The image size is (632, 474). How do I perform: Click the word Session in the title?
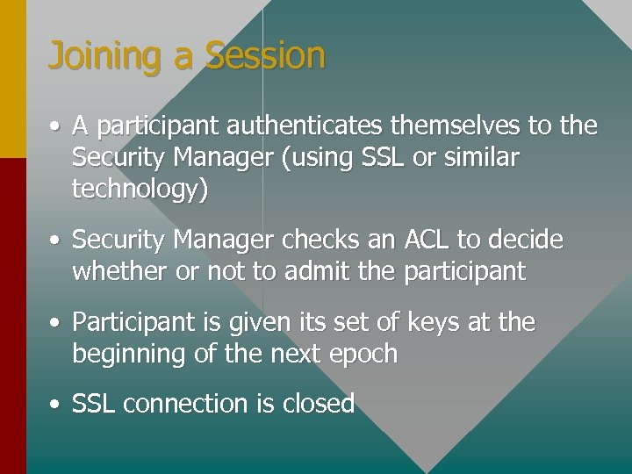point(265,54)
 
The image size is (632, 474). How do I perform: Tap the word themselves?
point(457,126)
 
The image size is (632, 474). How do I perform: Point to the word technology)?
point(140,190)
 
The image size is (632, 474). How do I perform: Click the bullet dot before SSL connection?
point(55,405)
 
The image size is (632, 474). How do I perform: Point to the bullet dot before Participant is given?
point(55,323)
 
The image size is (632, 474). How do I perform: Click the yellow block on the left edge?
point(12,79)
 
